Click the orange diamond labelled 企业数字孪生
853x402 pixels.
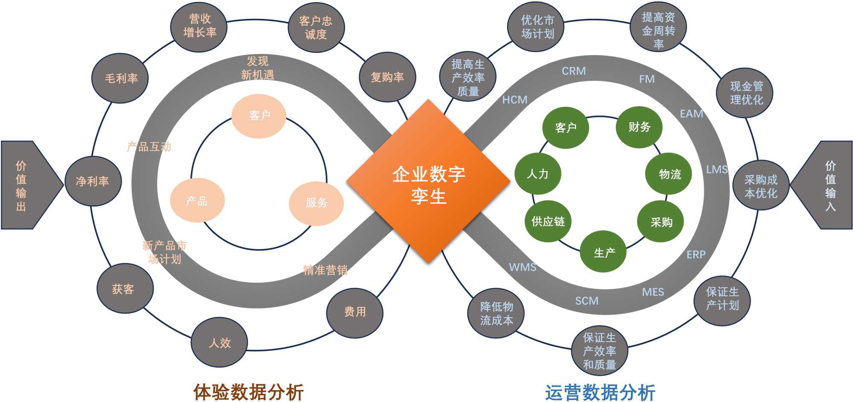(428, 182)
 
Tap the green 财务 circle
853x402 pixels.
(639, 127)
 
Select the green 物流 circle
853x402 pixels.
(669, 174)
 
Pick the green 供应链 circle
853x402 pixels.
(548, 221)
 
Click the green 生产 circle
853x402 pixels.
(603, 252)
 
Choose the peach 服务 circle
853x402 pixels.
(316, 203)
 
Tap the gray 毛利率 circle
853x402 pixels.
(121, 79)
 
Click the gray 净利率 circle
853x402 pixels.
(93, 181)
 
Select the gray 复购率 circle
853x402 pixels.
(387, 77)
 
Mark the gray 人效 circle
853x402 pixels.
(219, 342)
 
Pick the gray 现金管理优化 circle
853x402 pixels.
(746, 93)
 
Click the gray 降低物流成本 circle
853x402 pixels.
(496, 313)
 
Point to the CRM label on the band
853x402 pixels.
(574, 71)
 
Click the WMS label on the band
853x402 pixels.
(522, 268)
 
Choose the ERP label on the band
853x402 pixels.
(696, 255)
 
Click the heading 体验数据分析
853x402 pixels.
(249, 392)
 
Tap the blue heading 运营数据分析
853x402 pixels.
(600, 392)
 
